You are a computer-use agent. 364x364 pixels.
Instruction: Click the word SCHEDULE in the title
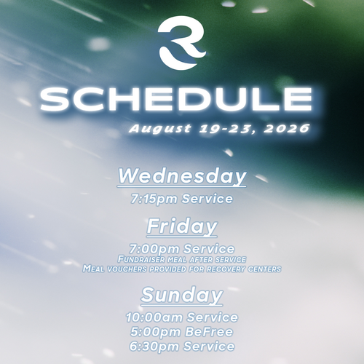(176, 99)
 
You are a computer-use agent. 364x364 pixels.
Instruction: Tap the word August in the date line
(159, 129)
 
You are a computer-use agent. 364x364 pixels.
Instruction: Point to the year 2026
(287, 128)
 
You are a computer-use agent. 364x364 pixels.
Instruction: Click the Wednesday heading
(182, 176)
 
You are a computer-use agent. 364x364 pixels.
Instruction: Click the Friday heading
(182, 226)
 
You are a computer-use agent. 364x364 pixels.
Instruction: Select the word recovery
(226, 269)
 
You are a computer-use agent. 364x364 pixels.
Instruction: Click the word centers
(264, 269)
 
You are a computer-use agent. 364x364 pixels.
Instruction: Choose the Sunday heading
(181, 295)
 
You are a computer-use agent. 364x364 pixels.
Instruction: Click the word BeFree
(209, 332)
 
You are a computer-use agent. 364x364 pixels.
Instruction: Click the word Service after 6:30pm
(209, 347)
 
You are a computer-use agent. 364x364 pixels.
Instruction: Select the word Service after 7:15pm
(207, 199)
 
